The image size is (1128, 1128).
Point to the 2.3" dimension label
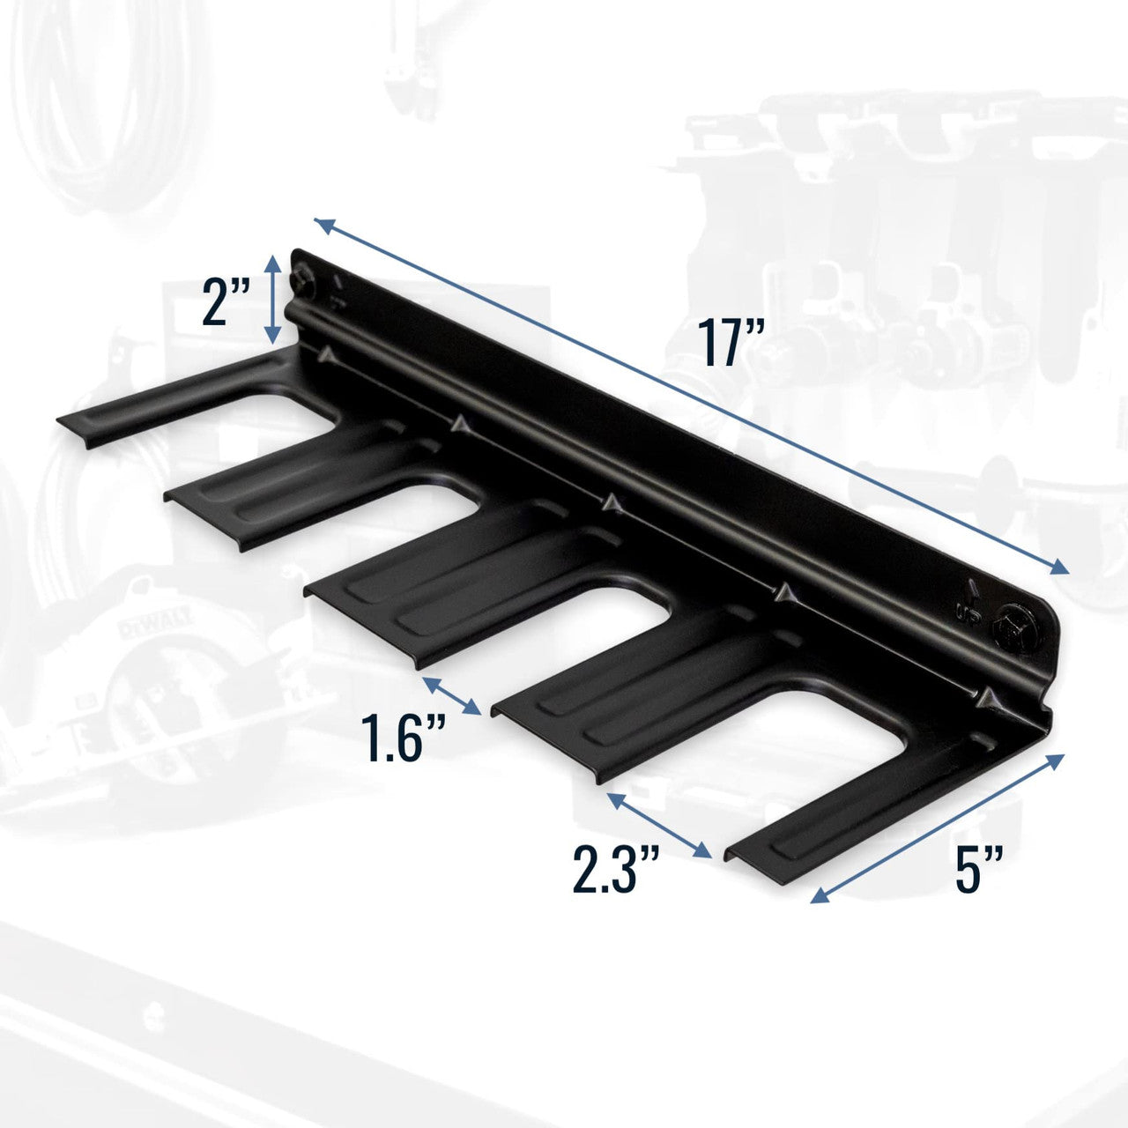point(616,868)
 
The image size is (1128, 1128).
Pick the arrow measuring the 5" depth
point(939,829)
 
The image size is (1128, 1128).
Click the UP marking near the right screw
point(969,609)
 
